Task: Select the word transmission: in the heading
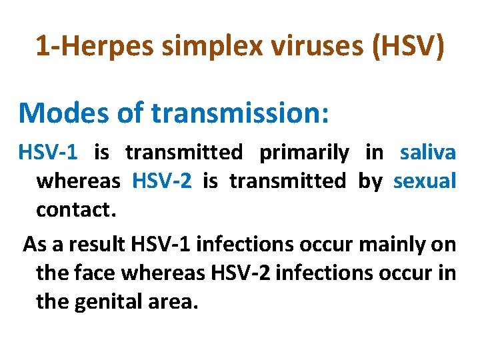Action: click(x=240, y=113)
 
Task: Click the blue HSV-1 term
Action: click(x=47, y=153)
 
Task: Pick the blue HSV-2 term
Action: click(x=162, y=181)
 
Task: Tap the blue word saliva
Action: click(x=428, y=153)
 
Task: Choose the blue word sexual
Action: click(x=425, y=181)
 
